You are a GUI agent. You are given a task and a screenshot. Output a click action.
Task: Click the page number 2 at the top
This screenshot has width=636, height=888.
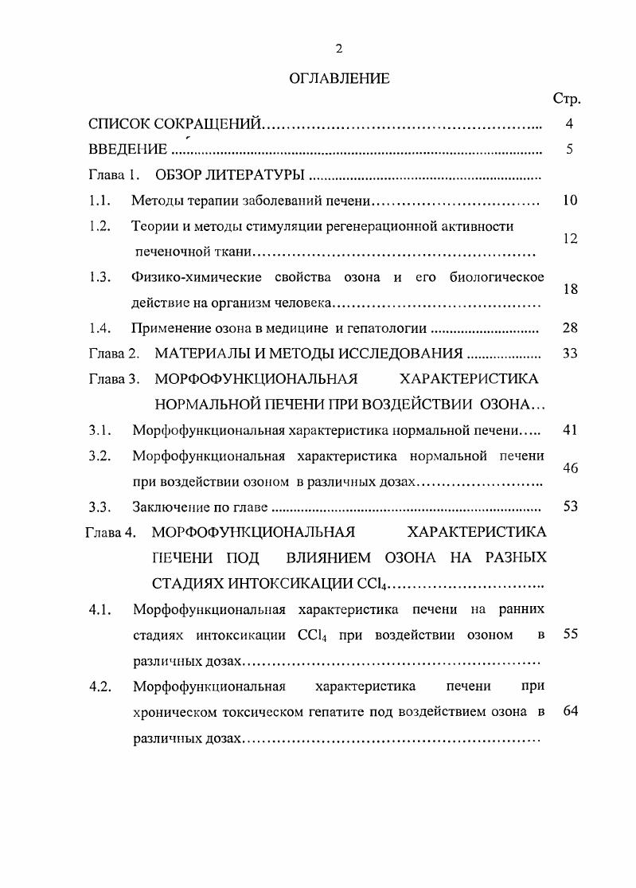click(338, 49)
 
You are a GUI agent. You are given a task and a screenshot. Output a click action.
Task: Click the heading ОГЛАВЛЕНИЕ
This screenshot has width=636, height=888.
click(338, 78)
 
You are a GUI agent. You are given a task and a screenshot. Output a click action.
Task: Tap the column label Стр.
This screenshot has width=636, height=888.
click(566, 100)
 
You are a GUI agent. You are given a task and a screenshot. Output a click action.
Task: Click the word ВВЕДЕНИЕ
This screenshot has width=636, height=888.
click(127, 149)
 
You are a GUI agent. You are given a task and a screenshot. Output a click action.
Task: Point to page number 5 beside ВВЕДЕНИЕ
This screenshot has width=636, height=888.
click(569, 149)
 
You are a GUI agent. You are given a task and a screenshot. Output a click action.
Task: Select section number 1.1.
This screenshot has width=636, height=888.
click(99, 200)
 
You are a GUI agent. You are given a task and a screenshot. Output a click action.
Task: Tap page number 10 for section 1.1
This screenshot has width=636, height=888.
click(569, 200)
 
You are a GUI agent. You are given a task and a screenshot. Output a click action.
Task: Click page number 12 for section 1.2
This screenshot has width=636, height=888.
click(569, 239)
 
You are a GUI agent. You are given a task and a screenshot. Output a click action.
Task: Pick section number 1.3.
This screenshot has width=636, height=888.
click(99, 277)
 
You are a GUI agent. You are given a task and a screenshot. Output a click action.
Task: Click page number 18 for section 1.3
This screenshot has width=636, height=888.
click(569, 290)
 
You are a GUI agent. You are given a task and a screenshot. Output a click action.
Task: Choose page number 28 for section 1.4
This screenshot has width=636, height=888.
click(569, 327)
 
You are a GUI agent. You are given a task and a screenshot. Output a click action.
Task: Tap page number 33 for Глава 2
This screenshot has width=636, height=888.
click(569, 353)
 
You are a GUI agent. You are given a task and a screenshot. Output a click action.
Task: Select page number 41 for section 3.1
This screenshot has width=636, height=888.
click(569, 430)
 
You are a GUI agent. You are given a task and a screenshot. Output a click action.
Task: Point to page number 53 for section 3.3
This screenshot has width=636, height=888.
click(569, 507)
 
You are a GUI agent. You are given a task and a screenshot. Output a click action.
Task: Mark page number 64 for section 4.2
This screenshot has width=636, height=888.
click(569, 711)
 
